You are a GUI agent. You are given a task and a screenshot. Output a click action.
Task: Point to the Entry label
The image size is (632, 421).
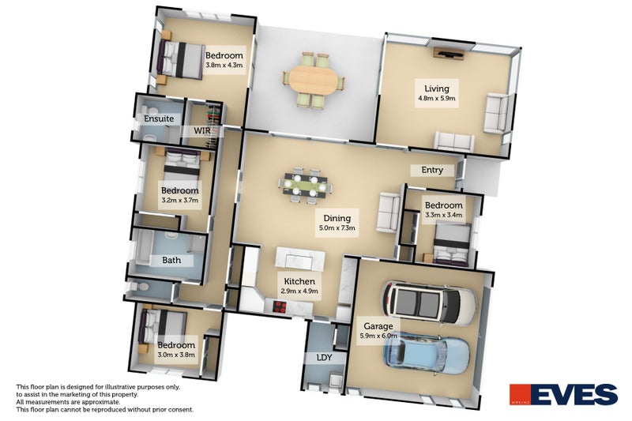click(x=432, y=170)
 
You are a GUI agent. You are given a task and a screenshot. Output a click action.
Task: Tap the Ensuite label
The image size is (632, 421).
click(x=158, y=118)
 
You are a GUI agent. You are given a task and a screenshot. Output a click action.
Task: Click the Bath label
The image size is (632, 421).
click(x=171, y=260)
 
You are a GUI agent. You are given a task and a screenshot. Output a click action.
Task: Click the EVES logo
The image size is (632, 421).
click(x=562, y=395)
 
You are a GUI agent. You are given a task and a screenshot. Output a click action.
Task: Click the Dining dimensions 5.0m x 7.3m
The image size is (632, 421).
click(x=338, y=227)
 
